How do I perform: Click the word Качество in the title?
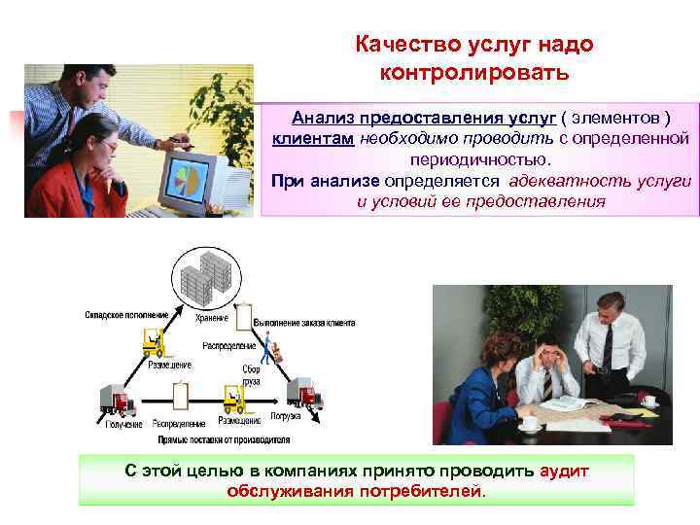point(399,45)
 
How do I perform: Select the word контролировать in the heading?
point(476,72)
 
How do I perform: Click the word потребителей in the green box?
point(419,491)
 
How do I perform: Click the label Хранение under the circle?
point(210,318)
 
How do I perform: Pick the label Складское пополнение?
point(125,314)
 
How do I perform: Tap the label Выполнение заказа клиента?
point(303,322)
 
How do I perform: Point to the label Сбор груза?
point(253,375)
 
